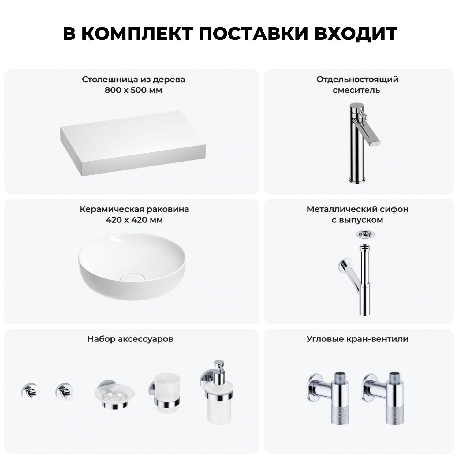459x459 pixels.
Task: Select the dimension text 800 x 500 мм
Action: pos(133,90)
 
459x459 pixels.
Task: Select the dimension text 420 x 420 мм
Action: pos(134,220)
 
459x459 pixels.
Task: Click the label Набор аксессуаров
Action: pos(130,339)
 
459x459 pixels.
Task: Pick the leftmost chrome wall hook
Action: pos(29,392)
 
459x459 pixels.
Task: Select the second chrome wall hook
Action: pos(64,392)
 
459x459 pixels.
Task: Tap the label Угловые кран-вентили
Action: pos(357,339)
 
